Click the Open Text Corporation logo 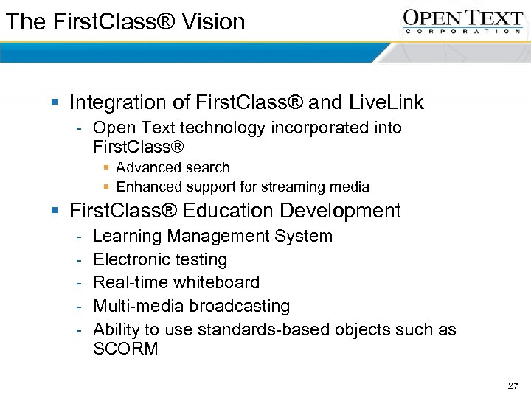(x=462, y=21)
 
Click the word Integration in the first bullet (x=117, y=102)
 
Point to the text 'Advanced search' (x=173, y=167)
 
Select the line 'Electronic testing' (x=160, y=259)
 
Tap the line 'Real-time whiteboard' (x=176, y=282)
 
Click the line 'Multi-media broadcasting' (x=191, y=306)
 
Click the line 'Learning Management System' (x=212, y=236)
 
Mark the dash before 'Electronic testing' (x=78, y=259)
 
